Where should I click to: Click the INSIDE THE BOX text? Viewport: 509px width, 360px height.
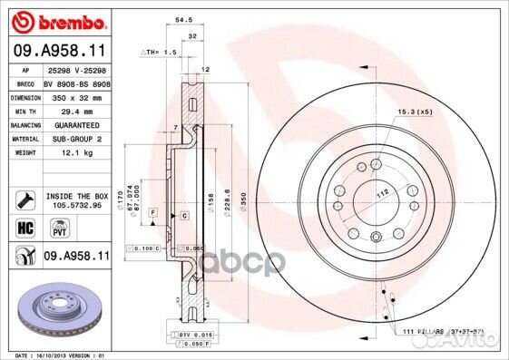pos(75,193)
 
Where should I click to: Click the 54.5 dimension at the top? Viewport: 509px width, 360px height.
pos(182,17)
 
